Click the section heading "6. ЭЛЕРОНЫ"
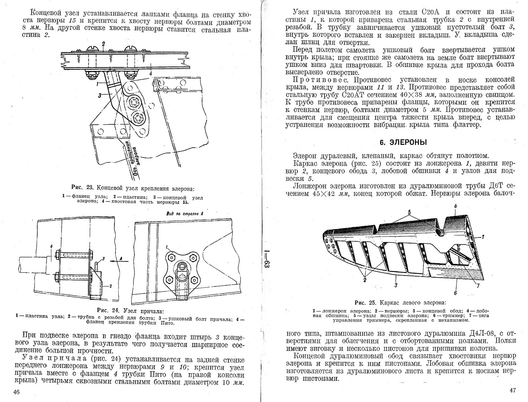click(403, 142)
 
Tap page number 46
click(17, 392)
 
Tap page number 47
click(513, 390)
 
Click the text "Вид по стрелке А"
click(185, 214)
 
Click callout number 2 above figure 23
click(103, 44)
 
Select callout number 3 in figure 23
click(99, 96)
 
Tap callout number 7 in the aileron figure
click(478, 286)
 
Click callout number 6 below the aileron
click(455, 293)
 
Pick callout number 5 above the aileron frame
click(409, 212)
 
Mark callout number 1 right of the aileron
click(483, 237)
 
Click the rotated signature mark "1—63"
click(267, 259)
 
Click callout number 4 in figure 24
click(51, 247)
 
